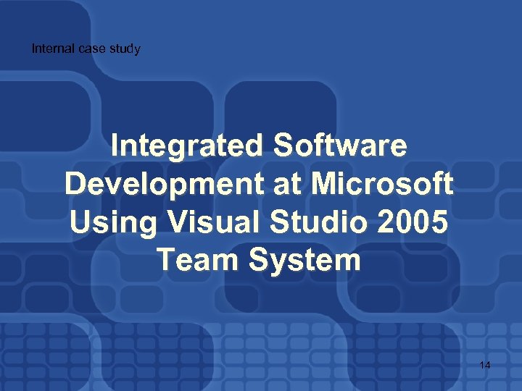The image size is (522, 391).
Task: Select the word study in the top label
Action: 123,49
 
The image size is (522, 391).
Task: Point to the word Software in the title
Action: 340,146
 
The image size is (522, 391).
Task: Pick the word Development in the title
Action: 163,184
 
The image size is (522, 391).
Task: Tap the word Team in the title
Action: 195,259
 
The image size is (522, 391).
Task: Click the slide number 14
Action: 484,365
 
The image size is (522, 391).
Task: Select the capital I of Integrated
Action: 116,146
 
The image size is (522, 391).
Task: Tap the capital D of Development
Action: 75,184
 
